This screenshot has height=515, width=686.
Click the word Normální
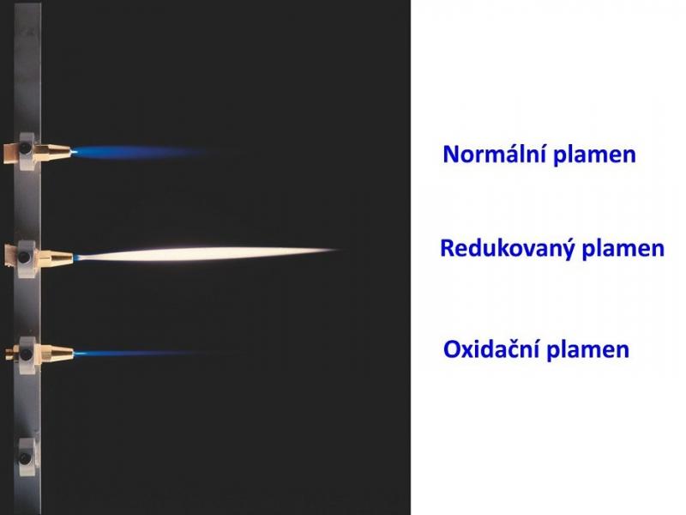click(x=496, y=154)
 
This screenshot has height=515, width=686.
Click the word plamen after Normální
click(x=595, y=155)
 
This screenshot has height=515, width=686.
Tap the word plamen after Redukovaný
click(x=623, y=248)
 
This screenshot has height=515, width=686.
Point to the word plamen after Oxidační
click(x=588, y=350)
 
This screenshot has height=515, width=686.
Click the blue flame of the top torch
click(x=140, y=152)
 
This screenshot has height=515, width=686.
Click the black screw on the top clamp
click(x=25, y=148)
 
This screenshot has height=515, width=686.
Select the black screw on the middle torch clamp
click(x=25, y=257)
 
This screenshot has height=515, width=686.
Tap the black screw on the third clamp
click(x=26, y=354)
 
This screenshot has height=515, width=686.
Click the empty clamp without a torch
click(x=27, y=457)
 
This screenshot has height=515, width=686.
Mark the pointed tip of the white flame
click(x=339, y=250)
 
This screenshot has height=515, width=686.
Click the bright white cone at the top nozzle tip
click(x=74, y=152)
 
